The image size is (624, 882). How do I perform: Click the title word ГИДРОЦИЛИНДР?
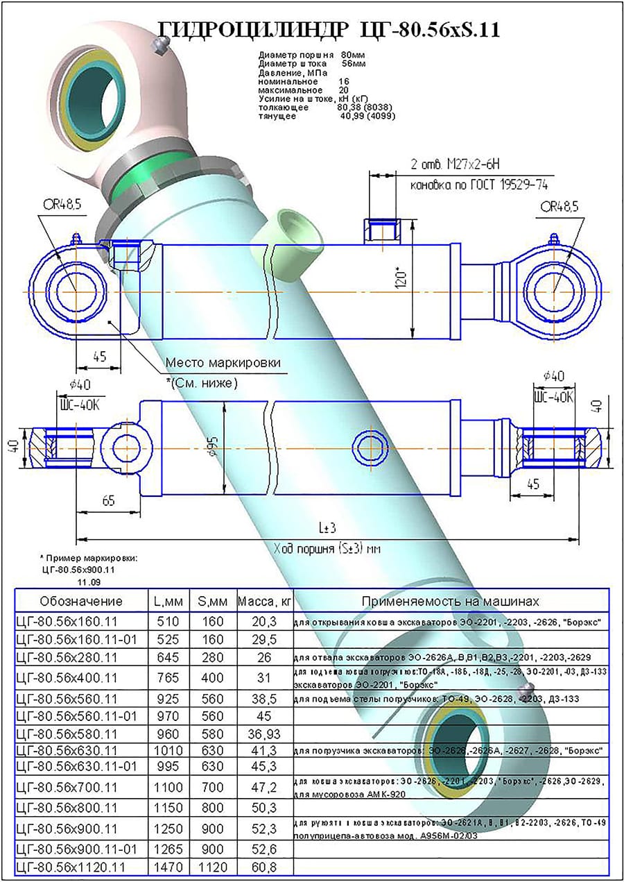(254, 28)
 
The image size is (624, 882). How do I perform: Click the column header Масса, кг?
(263, 601)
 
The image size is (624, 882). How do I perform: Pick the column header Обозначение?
(81, 601)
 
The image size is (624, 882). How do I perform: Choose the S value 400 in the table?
(213, 678)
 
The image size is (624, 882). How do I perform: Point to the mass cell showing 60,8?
(263, 866)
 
